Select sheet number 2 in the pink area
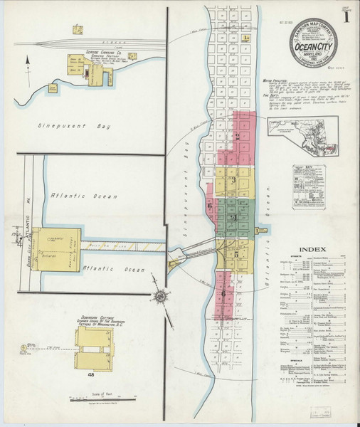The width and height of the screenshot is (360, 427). [x=237, y=135]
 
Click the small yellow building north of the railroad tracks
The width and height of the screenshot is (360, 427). [x=77, y=30]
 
